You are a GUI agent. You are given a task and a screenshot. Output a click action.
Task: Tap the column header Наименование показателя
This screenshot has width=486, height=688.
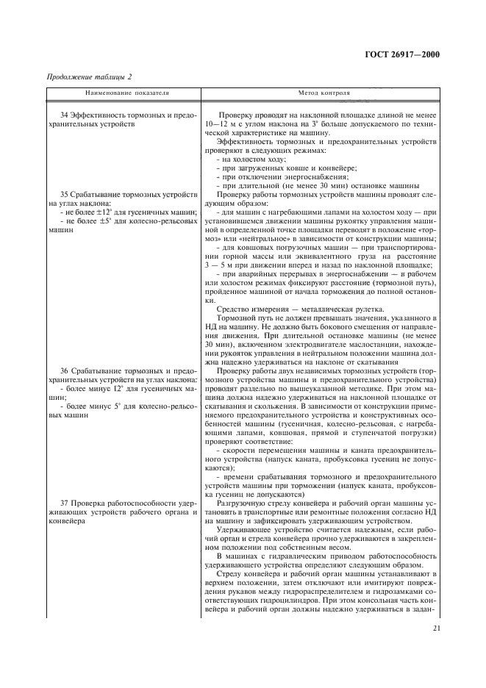pos(117,95)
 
